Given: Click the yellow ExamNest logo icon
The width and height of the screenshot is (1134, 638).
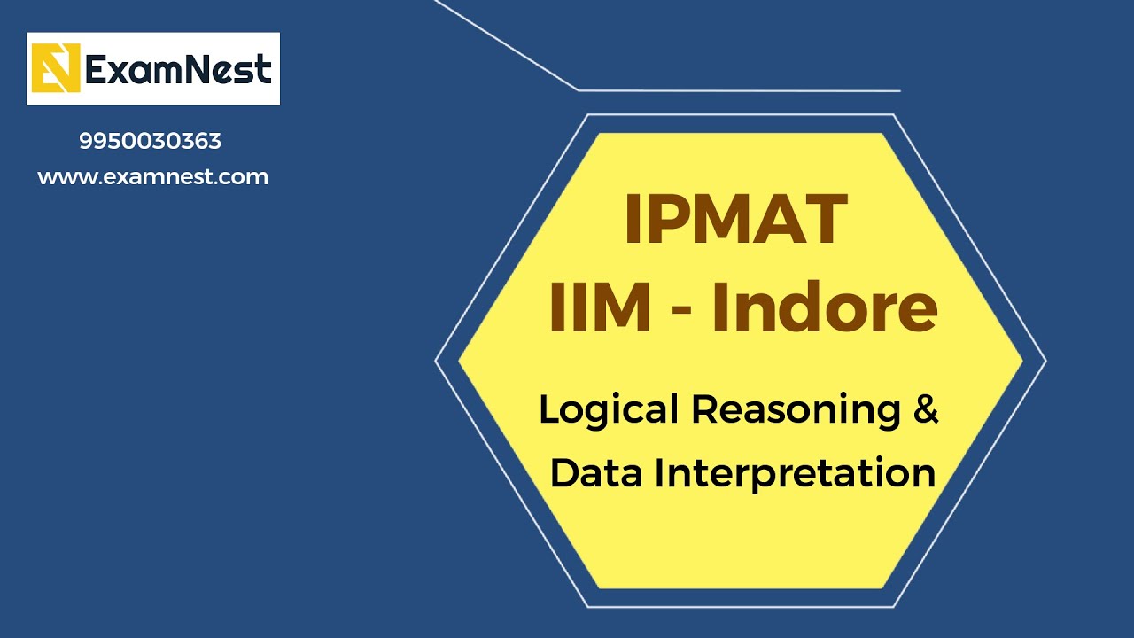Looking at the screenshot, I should (56, 68).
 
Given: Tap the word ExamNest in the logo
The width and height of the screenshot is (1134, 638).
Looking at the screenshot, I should (178, 68).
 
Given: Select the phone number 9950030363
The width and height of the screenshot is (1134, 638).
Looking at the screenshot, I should (151, 141).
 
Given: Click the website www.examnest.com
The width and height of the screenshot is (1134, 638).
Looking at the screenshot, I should (152, 176).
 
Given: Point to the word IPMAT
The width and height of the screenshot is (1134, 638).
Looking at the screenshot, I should (736, 220).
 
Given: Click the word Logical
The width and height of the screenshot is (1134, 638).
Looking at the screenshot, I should (610, 410).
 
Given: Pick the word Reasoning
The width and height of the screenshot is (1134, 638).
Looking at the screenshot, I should (795, 410).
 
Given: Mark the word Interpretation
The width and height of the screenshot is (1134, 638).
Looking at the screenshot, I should (795, 474).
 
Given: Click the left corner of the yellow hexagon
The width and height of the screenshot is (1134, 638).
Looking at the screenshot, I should (459, 361).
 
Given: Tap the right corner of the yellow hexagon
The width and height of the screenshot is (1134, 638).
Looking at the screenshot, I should (1022, 361).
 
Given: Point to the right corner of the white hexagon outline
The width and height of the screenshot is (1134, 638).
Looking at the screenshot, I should (1045, 361).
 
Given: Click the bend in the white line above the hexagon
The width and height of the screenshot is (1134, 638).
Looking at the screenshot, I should (579, 89).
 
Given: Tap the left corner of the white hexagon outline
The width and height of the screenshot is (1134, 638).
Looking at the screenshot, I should (436, 361).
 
